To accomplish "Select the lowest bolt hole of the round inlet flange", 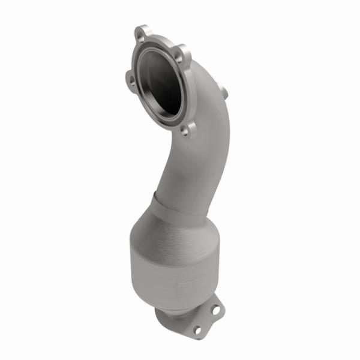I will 185,128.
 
